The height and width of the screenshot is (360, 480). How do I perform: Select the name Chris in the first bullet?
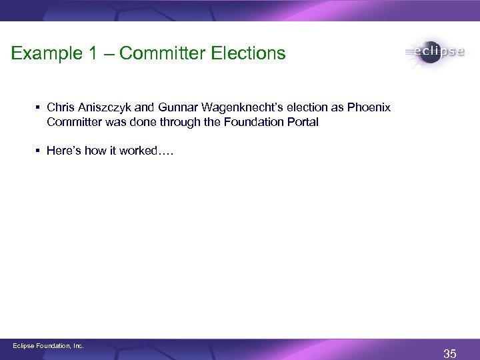61,108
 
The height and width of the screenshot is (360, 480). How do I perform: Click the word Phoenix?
373,108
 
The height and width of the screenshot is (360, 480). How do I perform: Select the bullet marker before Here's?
39,151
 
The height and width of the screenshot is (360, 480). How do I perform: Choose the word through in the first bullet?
186,123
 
